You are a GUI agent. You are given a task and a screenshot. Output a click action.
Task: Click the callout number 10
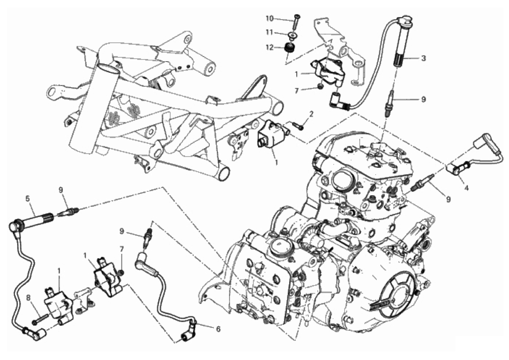(x=270, y=18)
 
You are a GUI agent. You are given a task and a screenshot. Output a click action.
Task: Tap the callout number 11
(x=270, y=33)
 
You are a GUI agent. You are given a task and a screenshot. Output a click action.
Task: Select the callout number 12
(x=270, y=48)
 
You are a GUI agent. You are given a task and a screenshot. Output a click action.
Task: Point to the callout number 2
(x=311, y=114)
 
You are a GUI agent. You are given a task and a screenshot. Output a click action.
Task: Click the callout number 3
(x=423, y=59)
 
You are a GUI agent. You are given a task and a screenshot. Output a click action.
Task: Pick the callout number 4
(x=466, y=187)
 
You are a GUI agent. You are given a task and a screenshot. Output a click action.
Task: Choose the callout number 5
(x=28, y=197)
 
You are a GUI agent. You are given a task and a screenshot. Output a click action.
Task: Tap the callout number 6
(x=218, y=329)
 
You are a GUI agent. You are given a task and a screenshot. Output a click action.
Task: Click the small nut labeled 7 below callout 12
(x=320, y=87)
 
